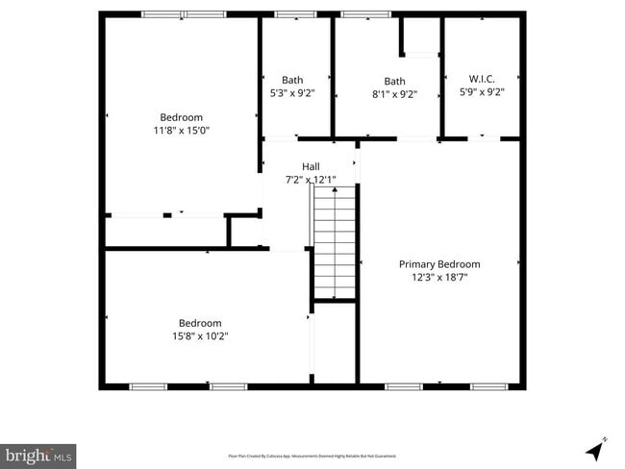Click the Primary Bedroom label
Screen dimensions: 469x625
439,264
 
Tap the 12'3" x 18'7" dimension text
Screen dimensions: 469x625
439,278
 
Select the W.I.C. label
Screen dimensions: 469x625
481,79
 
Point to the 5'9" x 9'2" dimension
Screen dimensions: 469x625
481,93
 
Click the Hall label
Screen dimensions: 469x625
311,166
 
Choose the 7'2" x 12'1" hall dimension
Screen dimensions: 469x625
311,180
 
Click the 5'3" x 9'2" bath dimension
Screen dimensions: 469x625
292,93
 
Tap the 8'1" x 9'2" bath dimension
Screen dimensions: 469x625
394,93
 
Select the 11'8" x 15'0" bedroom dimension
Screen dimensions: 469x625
181,130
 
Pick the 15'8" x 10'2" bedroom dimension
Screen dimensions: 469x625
200,336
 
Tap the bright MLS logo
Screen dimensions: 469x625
38,455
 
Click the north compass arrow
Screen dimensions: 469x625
596,448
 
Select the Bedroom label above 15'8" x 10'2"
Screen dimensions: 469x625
200,323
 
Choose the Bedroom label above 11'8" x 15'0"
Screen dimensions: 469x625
181,117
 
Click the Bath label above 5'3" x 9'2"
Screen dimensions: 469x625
292,80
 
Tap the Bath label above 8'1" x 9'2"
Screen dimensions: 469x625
394,81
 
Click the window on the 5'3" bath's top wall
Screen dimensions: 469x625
295,14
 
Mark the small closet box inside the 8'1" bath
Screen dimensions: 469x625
421,37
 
